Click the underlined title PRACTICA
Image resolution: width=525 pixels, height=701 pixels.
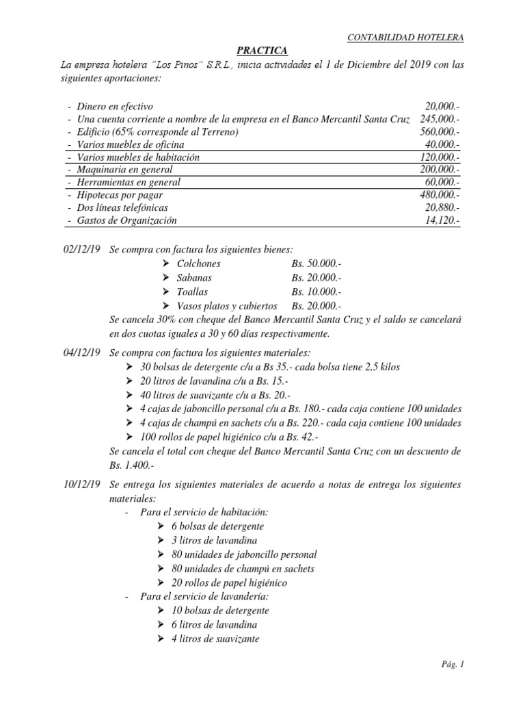click(x=262, y=51)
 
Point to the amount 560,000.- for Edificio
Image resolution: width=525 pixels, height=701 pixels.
click(x=440, y=131)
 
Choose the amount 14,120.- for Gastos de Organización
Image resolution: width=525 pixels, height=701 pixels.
click(x=442, y=220)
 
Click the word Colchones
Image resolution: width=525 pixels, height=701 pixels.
click(x=199, y=264)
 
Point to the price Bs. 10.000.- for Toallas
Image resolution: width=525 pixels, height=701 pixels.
click(x=316, y=292)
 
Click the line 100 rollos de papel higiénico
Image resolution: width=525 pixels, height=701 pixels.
click(x=230, y=437)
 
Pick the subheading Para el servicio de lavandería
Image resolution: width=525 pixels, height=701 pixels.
click(x=203, y=597)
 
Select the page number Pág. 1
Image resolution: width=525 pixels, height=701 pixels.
click(x=453, y=664)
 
